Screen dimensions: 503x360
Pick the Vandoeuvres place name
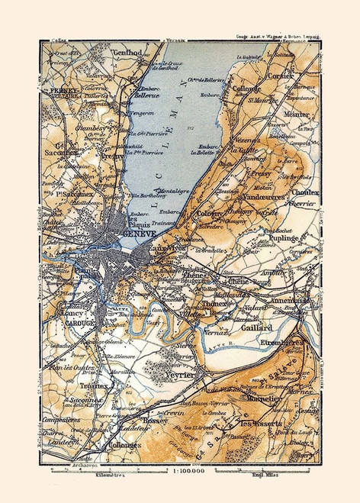click(262, 197)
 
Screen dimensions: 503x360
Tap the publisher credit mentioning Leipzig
click(275, 36)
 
